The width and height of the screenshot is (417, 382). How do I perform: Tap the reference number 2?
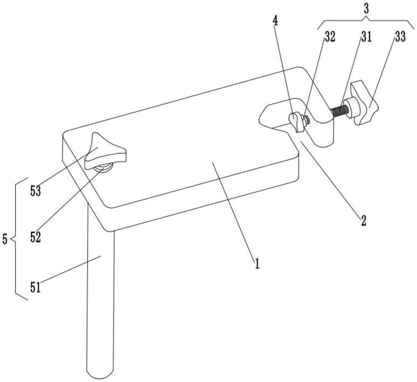pos(363,221)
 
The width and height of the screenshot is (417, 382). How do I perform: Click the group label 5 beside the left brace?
pos(5,239)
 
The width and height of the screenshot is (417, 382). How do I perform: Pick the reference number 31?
pos(366,37)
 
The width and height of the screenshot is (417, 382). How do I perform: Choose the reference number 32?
pos(329,37)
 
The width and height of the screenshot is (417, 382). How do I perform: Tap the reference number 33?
pos(400,37)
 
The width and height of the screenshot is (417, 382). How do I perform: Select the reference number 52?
pos(35,237)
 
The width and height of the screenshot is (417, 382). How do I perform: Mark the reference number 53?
pos(35,191)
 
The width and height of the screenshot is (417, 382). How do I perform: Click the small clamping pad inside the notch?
pos(296,121)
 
